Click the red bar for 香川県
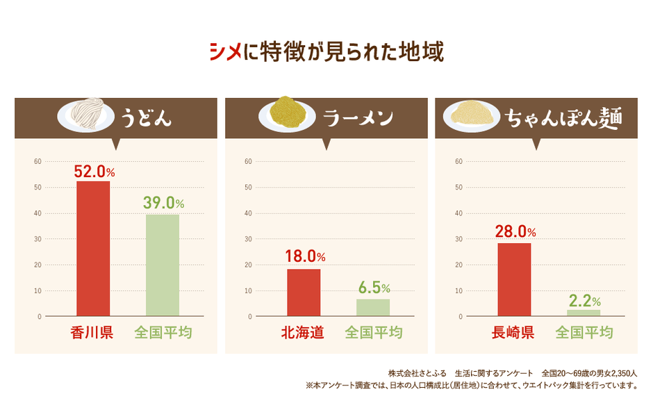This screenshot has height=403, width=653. [x=93, y=248]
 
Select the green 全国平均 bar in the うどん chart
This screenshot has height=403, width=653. [x=163, y=265]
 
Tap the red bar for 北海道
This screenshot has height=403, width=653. [x=304, y=292]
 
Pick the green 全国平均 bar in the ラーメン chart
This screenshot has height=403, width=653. [x=373, y=307]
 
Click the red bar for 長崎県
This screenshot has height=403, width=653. [x=514, y=279]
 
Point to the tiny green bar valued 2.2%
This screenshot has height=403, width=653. [x=584, y=313]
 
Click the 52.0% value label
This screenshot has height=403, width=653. [x=94, y=171]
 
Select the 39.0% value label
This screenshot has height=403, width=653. [x=163, y=204]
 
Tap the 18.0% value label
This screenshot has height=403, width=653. [x=305, y=256]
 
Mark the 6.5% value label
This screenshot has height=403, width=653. [x=374, y=288]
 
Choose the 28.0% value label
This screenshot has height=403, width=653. [x=515, y=231]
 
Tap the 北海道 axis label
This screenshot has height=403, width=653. [x=303, y=333]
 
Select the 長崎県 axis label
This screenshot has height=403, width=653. [x=513, y=333]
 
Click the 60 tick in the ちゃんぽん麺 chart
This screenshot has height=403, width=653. [x=458, y=161]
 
